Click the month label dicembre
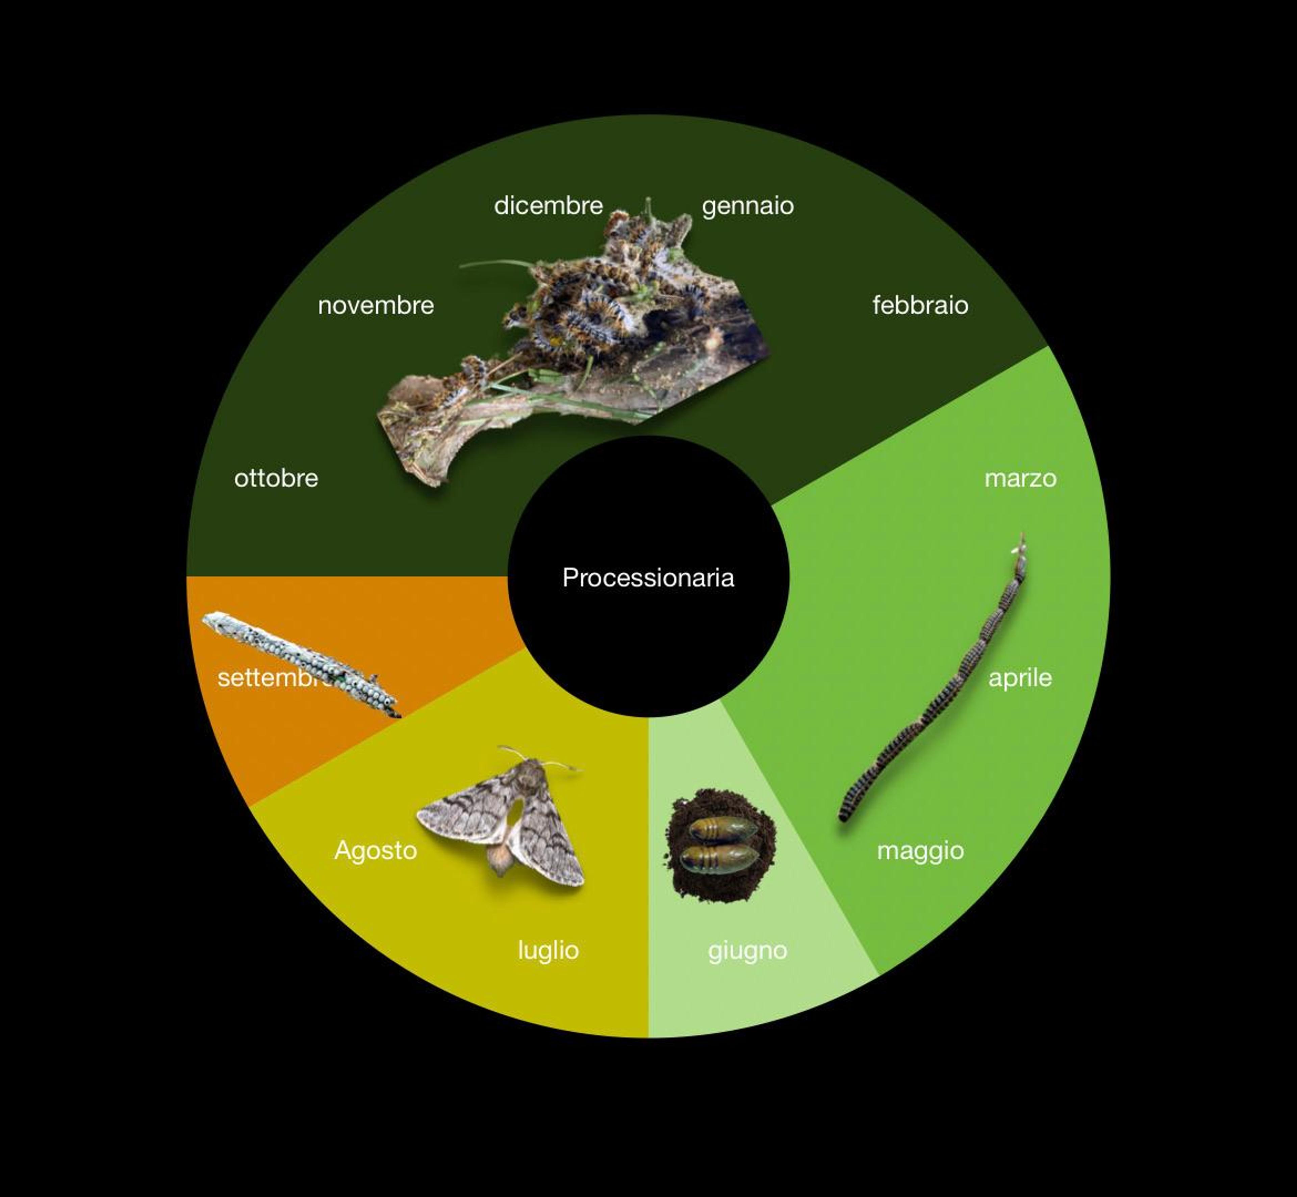coord(548,206)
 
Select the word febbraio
coord(920,305)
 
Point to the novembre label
coord(376,306)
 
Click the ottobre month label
coord(276,479)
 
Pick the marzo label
coord(1020,479)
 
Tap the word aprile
coord(1020,678)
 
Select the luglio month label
coord(548,950)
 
